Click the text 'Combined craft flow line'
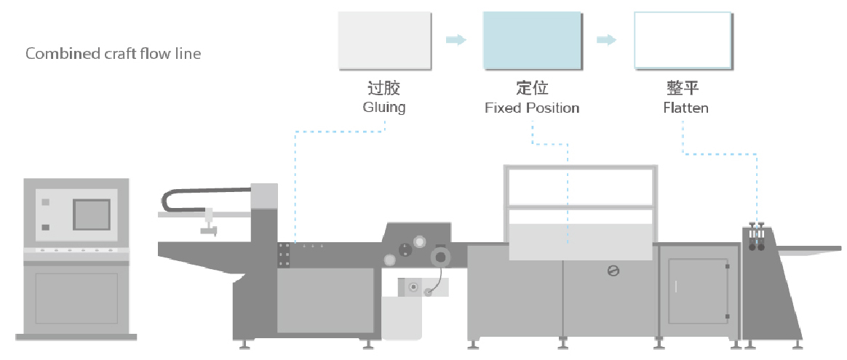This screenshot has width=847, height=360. (114, 53)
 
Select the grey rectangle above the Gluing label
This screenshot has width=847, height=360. (385, 41)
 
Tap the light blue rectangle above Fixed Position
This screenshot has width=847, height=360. (532, 41)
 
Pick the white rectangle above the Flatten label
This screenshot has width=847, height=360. (683, 41)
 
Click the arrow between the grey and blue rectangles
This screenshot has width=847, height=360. (456, 39)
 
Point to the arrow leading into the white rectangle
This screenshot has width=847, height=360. (607, 39)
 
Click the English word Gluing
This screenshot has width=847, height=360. (384, 108)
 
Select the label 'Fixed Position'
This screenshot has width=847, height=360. (532, 108)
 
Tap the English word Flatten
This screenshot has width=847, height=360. (685, 108)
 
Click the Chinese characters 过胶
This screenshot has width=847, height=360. (384, 87)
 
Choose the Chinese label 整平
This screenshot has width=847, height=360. (683, 87)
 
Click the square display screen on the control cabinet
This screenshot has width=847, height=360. (92, 215)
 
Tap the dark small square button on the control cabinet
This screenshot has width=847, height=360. (45, 227)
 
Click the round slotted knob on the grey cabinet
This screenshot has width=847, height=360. (613, 271)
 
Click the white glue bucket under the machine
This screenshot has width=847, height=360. (402, 318)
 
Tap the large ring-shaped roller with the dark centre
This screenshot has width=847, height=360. (440, 257)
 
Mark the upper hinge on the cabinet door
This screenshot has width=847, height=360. (728, 266)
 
